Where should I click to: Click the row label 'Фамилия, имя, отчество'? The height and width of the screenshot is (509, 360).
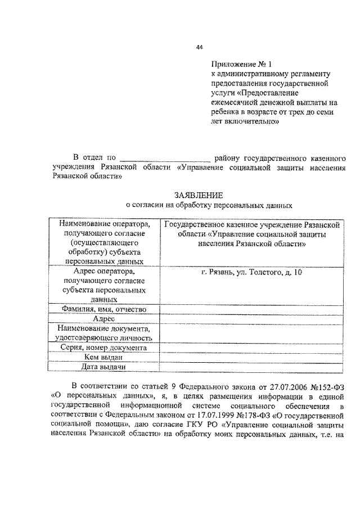pos(105,309)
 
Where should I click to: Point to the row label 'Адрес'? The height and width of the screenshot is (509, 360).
pos(105,319)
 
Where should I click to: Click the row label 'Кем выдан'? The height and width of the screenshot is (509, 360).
pos(105,357)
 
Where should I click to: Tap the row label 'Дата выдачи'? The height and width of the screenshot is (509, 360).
pos(105,367)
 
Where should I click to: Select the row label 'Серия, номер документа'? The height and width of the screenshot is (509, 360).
pos(105,348)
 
